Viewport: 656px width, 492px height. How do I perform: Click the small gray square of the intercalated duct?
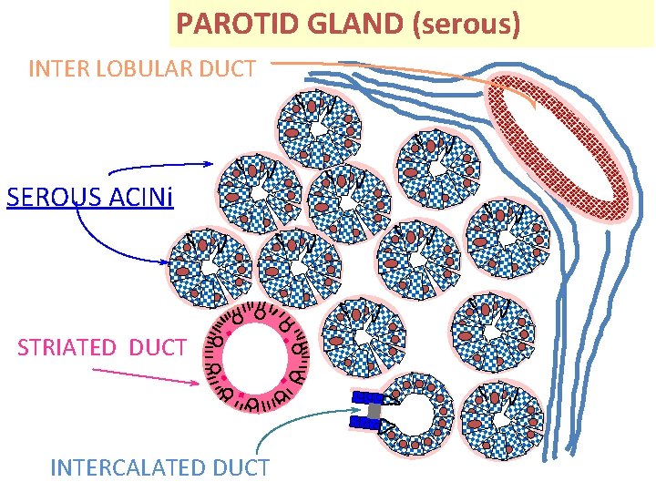[374, 411]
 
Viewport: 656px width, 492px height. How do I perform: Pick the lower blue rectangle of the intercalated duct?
[366, 423]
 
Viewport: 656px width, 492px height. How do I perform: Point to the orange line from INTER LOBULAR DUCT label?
[383, 65]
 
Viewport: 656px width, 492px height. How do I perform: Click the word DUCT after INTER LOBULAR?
[231, 68]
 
